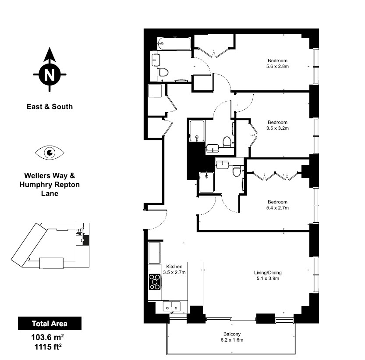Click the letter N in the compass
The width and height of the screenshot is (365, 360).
tap(50, 75)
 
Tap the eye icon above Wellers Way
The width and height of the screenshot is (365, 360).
tap(50, 153)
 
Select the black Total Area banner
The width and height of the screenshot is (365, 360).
tap(50, 323)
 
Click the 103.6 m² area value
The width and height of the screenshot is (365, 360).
tap(48, 337)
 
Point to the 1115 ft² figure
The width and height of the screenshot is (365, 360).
tap(48, 347)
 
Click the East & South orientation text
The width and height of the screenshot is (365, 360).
tap(50, 107)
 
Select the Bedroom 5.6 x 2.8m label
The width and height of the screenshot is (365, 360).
tap(277, 64)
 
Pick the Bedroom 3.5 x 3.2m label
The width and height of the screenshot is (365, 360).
tap(277, 125)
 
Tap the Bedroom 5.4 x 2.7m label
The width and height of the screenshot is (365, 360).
tap(277, 205)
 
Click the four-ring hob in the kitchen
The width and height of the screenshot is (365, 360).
tap(155, 282)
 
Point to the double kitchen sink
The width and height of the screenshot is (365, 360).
tap(172, 306)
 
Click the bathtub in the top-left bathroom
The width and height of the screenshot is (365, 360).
tap(174, 43)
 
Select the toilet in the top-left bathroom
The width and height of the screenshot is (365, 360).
tap(163, 72)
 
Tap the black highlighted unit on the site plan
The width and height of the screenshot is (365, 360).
tap(86, 240)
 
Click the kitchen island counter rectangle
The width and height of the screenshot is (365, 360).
tap(195, 284)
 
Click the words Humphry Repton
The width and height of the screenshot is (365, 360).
tap(50, 185)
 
